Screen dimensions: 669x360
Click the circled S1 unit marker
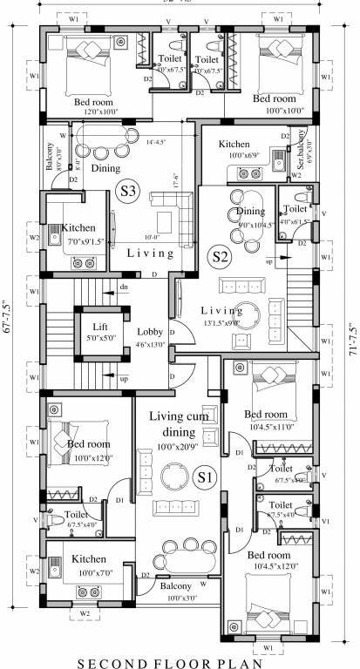pyautogui.click(x=204, y=476)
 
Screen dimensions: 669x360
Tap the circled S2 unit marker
pyautogui.click(x=220, y=256)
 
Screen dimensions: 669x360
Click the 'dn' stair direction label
pyautogui.click(x=124, y=286)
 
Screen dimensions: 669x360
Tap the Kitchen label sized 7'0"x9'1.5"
pyautogui.click(x=78, y=228)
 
